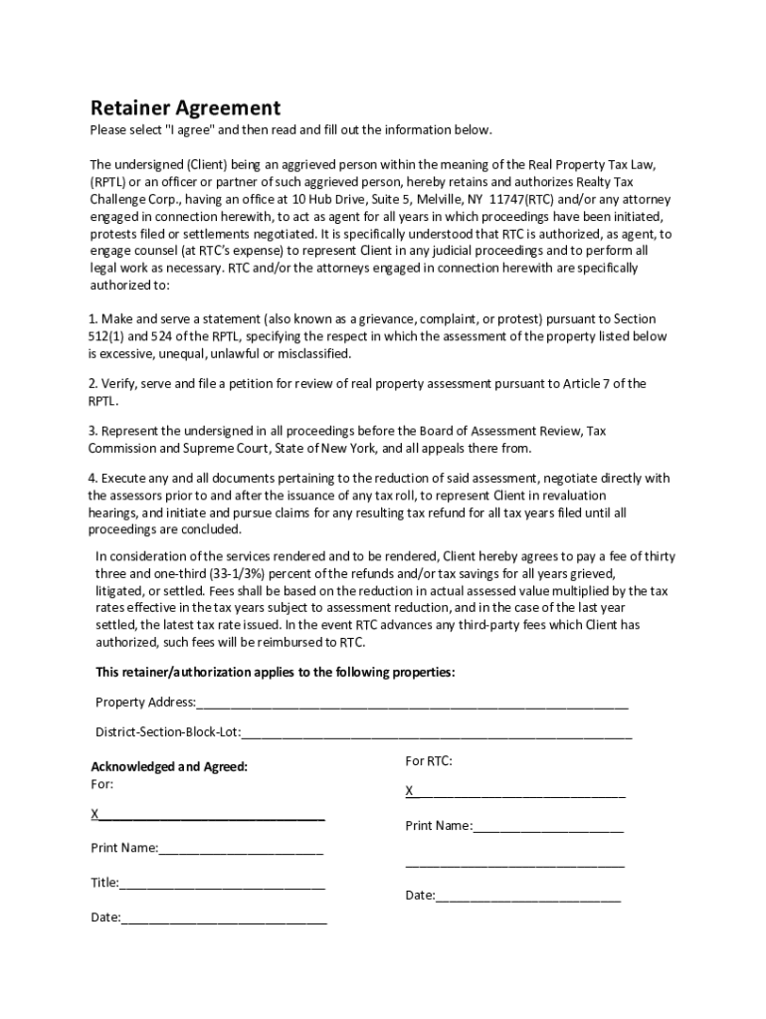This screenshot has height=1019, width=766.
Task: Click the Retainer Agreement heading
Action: [x=185, y=108]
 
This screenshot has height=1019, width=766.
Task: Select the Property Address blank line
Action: [x=412, y=704]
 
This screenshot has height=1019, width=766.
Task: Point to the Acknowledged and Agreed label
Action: [x=169, y=767]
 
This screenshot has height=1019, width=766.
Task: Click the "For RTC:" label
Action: [x=429, y=761]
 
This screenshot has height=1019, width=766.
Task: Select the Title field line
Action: [x=222, y=884]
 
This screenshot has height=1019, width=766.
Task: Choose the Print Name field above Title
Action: [x=240, y=849]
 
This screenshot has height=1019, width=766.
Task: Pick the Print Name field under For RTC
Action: [x=547, y=826]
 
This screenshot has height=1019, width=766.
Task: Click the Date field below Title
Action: [x=224, y=918]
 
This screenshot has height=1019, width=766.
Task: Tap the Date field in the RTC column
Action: [x=527, y=896]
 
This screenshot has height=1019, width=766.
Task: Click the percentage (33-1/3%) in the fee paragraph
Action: [x=242, y=574]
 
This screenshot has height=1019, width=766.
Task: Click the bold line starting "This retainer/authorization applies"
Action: [x=275, y=673]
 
